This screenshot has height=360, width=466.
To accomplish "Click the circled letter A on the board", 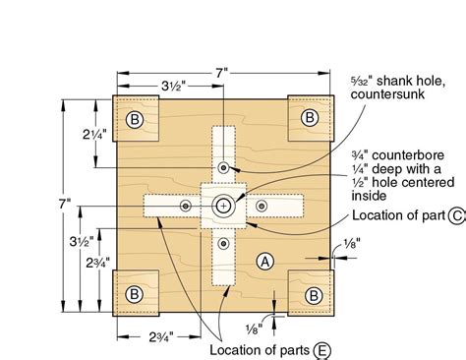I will pyautogui.click(x=262, y=261).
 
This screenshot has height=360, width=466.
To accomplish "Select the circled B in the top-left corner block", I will pyautogui.click(x=135, y=119).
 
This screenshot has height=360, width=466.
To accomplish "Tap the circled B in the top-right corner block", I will pyautogui.click(x=310, y=118).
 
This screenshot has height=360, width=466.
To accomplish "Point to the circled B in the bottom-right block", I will pyautogui.click(x=313, y=294).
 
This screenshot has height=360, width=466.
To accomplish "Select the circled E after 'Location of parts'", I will pyautogui.click(x=323, y=349).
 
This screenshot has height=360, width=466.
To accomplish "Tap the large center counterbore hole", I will pyautogui.click(x=224, y=206).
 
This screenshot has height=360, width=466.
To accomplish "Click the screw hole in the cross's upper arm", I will pyautogui.click(x=225, y=168).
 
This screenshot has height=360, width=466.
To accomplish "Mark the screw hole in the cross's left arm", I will pyautogui.click(x=185, y=206).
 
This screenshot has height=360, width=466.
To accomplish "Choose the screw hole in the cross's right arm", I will pyautogui.click(x=262, y=206).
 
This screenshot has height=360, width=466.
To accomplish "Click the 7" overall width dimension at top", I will pyautogui.click(x=227, y=71).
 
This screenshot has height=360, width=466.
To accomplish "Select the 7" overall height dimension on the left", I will pyautogui.click(x=66, y=205).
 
